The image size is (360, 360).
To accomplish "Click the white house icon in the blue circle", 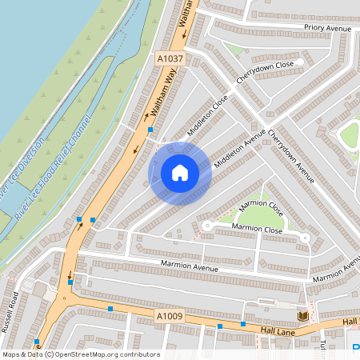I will click(x=180, y=173).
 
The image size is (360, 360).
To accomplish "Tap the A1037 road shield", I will click(x=170, y=58).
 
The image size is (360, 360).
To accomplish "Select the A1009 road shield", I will click(x=170, y=318).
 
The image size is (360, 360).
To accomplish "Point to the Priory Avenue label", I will click(x=327, y=28).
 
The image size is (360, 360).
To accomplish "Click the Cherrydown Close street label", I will click(x=265, y=74).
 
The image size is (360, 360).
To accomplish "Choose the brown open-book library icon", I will click(x=302, y=316).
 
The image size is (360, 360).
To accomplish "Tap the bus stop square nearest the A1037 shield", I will click(x=150, y=130).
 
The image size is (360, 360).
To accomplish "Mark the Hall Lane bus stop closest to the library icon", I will click(x=243, y=324).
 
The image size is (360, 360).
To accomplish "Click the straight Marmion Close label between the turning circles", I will click(x=257, y=230).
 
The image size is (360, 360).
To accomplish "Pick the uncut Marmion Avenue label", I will click(x=190, y=266).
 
